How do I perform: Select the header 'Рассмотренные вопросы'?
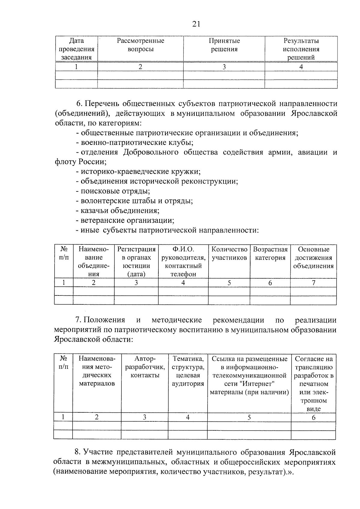tap(140, 45)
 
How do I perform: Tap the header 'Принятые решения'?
tap(224, 45)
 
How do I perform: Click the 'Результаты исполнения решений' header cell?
tap(301, 49)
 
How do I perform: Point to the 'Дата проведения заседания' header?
tap(76, 49)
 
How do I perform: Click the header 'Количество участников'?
tap(229, 253)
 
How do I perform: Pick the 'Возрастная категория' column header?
tap(270, 253)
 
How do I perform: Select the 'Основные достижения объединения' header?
tap(313, 258)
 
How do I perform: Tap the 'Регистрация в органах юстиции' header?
tap(136, 262)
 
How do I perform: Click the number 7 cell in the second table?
tap(313, 283)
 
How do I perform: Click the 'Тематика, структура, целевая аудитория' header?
tap(188, 371)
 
